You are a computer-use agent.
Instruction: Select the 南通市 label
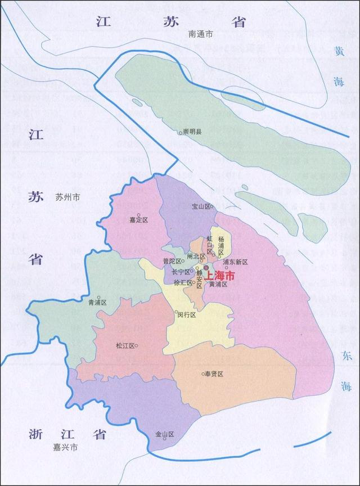coord(201,35)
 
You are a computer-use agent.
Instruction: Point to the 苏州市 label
coord(69,197)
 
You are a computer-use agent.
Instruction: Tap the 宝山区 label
coord(201,206)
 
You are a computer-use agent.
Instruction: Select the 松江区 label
coord(125,346)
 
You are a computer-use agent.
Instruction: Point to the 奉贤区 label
coord(213,374)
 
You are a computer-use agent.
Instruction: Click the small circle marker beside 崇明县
coord(180,133)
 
